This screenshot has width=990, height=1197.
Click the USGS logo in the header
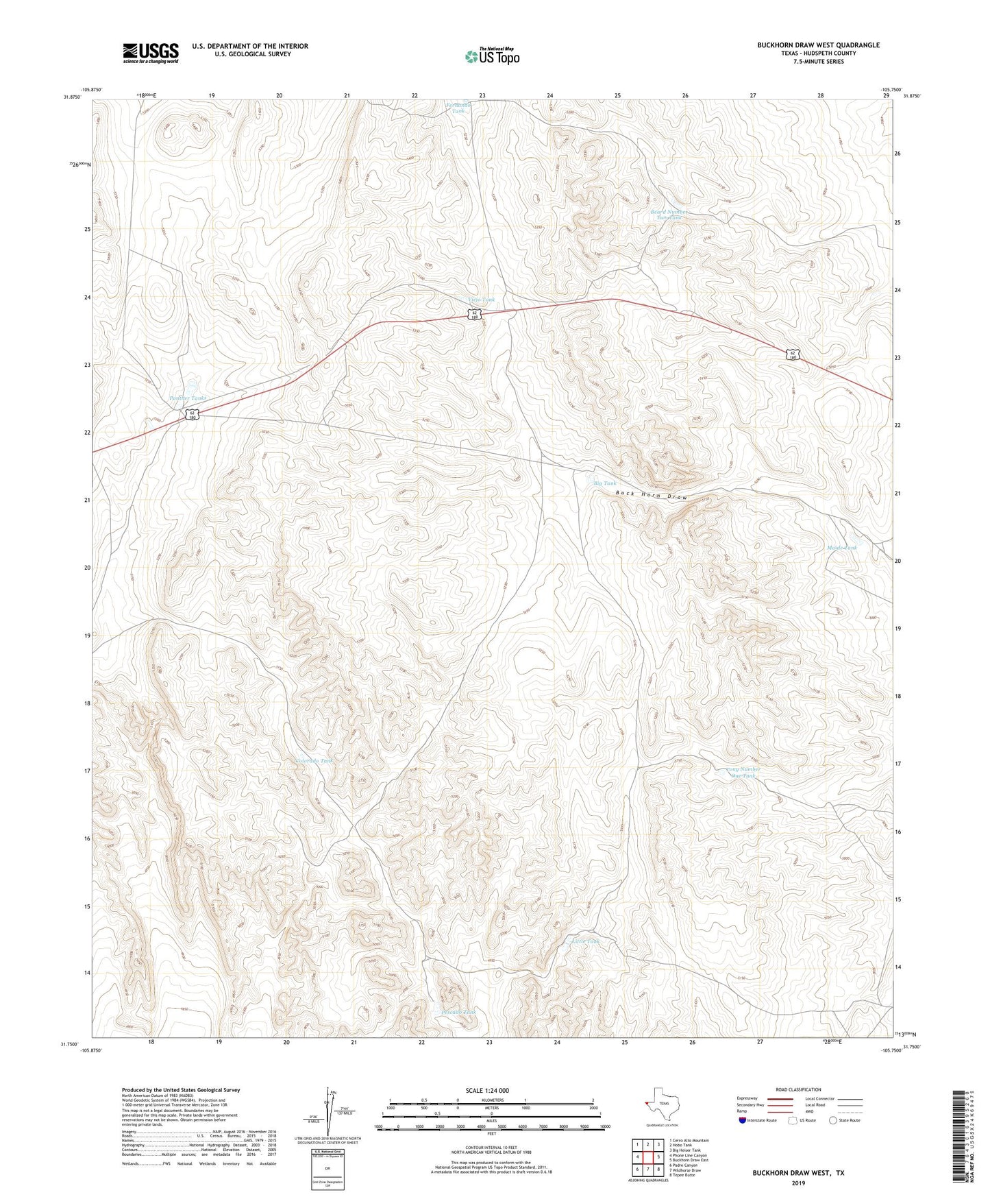151,52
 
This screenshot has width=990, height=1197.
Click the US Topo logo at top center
492,56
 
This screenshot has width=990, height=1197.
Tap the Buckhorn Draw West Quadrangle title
818,45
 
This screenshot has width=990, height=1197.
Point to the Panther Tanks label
188,398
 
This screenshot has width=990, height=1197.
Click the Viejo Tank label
481,300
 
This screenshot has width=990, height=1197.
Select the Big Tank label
605,483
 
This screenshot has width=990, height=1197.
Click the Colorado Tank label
314,761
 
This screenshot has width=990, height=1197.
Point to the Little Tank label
586,941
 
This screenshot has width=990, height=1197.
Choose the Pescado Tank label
458,1012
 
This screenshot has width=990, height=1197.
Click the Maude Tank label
842,548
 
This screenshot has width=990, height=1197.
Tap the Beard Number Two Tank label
668,215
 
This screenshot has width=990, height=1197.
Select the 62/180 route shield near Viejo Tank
474,314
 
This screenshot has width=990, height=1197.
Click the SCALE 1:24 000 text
487,1091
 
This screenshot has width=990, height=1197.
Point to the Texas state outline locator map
661,1104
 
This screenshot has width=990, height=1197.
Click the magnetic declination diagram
334,1114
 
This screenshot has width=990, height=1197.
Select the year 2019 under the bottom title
798,1183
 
